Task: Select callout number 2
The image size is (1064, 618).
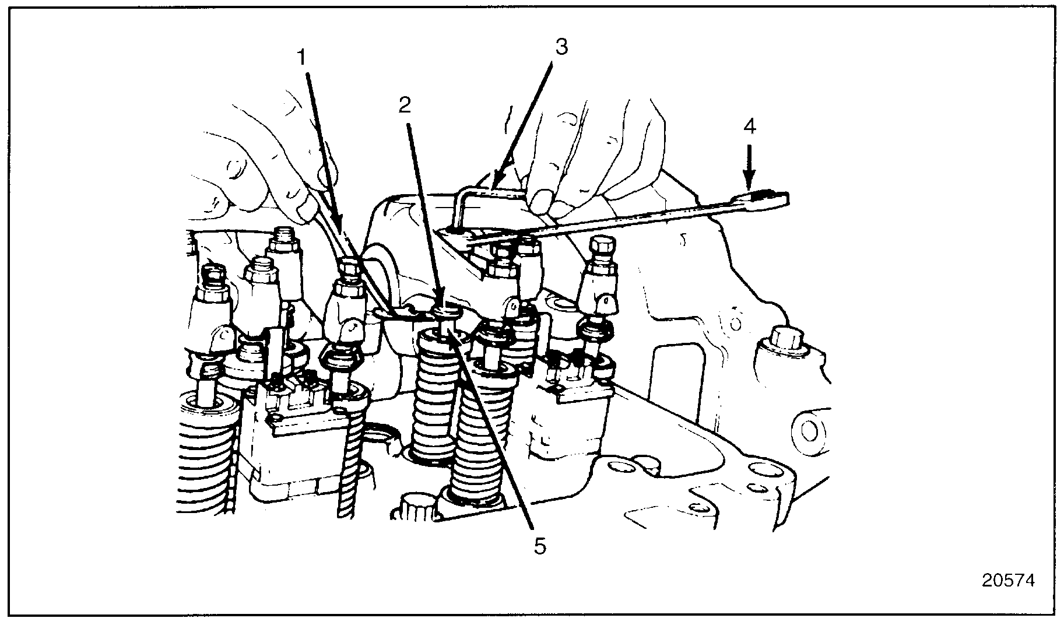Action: click(405, 105)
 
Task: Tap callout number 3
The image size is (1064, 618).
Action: click(561, 47)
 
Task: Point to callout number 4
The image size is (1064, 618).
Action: click(750, 127)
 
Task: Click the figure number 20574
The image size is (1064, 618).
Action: click(1008, 581)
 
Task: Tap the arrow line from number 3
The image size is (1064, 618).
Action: click(525, 117)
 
